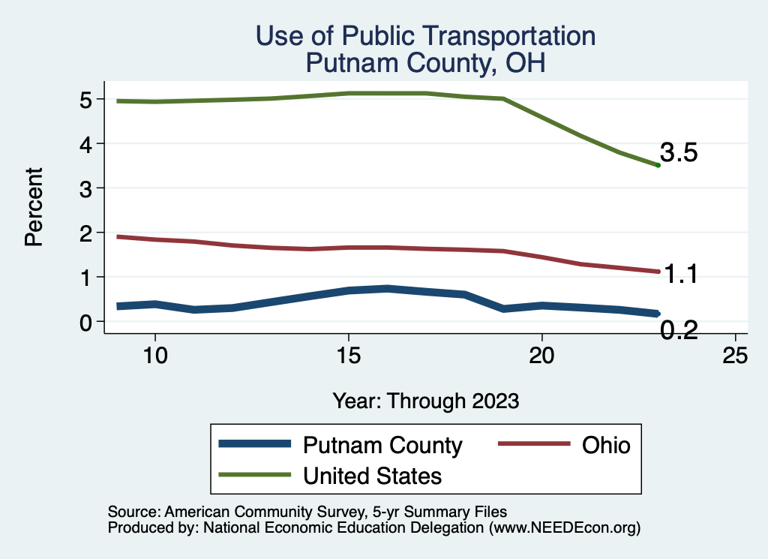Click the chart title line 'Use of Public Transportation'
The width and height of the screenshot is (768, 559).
click(425, 36)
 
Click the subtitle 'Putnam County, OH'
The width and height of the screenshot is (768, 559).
click(425, 63)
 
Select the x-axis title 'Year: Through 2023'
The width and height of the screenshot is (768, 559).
click(426, 401)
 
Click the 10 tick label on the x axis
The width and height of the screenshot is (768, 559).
click(154, 356)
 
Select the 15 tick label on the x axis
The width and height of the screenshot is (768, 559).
click(348, 356)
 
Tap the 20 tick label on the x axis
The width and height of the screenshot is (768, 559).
click(541, 356)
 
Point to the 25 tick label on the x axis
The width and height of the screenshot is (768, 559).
click(735, 356)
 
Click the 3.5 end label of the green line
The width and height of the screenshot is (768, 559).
click(679, 153)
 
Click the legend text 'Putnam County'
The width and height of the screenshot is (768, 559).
click(382, 445)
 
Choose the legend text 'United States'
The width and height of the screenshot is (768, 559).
click(372, 475)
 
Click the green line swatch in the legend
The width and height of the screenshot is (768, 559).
click(254, 475)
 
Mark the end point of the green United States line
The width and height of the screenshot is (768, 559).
click(658, 165)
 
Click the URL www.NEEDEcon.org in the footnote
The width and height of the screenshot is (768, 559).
click(562, 528)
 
